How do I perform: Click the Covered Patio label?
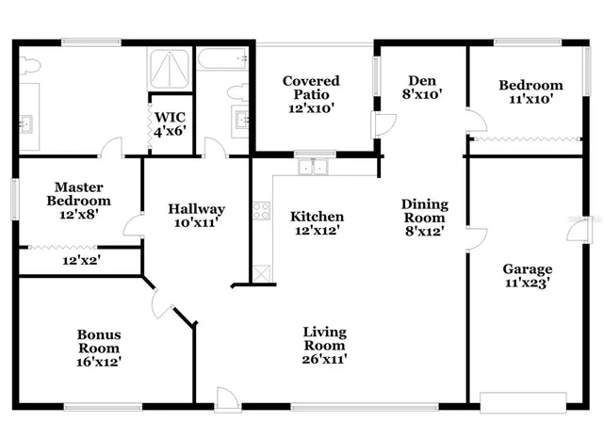[311, 94]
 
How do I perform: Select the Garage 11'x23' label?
[527, 276]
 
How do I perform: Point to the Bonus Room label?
[99, 348]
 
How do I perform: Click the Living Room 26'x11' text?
[324, 345]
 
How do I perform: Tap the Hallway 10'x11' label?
[196, 216]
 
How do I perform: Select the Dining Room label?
[424, 217]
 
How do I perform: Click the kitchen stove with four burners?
[261, 211]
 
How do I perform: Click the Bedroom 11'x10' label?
[530, 91]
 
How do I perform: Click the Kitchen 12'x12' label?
[316, 222]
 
